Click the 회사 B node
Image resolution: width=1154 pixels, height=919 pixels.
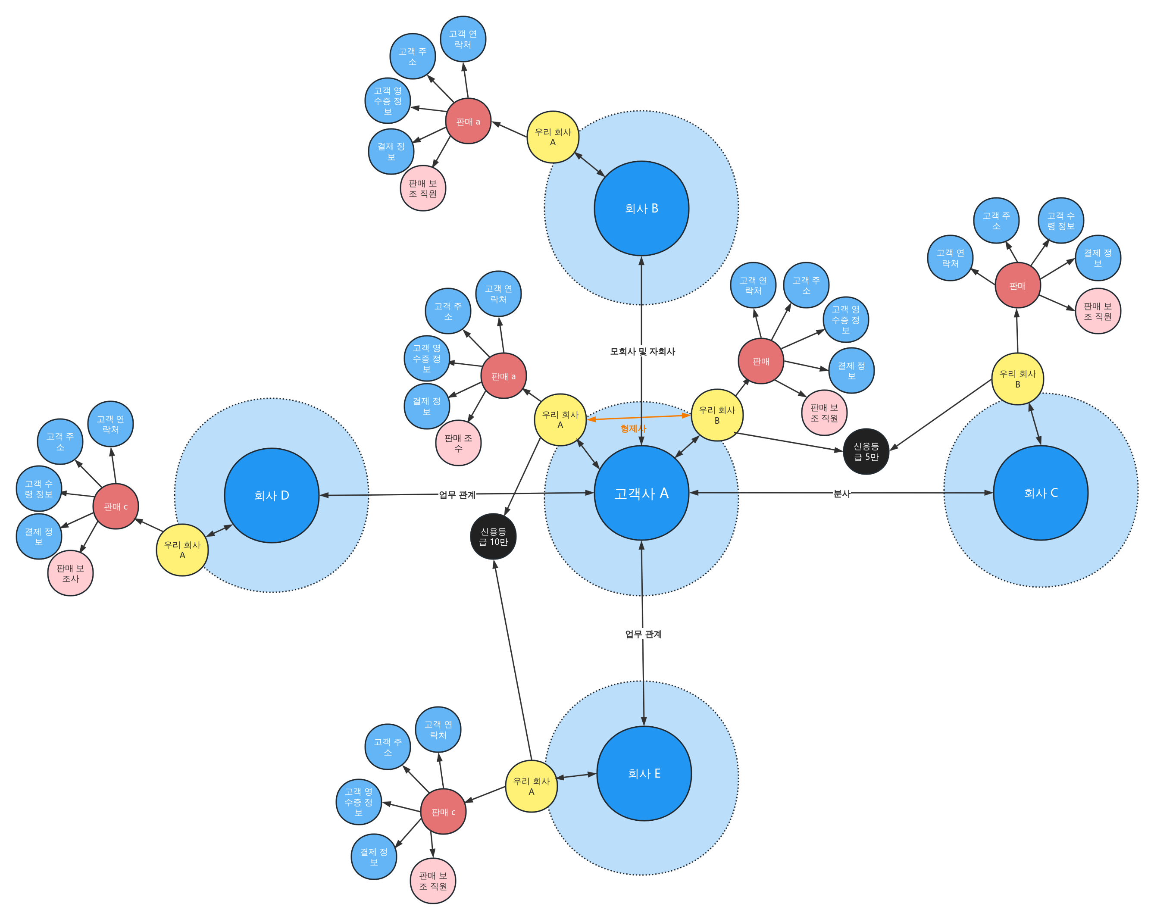coord(641,208)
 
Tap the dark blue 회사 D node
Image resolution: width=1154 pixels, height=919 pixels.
coord(272,496)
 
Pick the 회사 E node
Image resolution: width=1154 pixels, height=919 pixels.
coord(644,773)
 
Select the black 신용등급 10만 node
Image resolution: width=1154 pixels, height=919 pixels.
coord(493,536)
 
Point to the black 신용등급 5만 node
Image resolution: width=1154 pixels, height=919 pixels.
coord(866,451)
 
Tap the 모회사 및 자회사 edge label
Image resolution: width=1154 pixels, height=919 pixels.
coord(642,351)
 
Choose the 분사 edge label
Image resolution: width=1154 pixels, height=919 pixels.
coord(841,493)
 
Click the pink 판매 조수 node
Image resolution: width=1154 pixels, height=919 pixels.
coord(458,443)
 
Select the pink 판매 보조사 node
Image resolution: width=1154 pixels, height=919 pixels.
coord(70,573)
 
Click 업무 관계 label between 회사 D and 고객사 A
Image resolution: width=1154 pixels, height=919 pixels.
coord(457,494)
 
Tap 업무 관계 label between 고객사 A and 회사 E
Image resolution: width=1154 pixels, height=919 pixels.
coord(643,634)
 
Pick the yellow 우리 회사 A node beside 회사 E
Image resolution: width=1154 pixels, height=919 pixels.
coord(531,786)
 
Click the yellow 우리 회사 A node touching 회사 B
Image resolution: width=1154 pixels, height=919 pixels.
coord(553,137)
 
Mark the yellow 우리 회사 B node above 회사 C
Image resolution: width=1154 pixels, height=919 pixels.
coord(1017,379)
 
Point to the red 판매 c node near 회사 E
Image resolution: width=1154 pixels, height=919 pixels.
coord(443,811)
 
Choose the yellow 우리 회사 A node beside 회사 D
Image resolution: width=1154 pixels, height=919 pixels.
coord(182,550)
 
